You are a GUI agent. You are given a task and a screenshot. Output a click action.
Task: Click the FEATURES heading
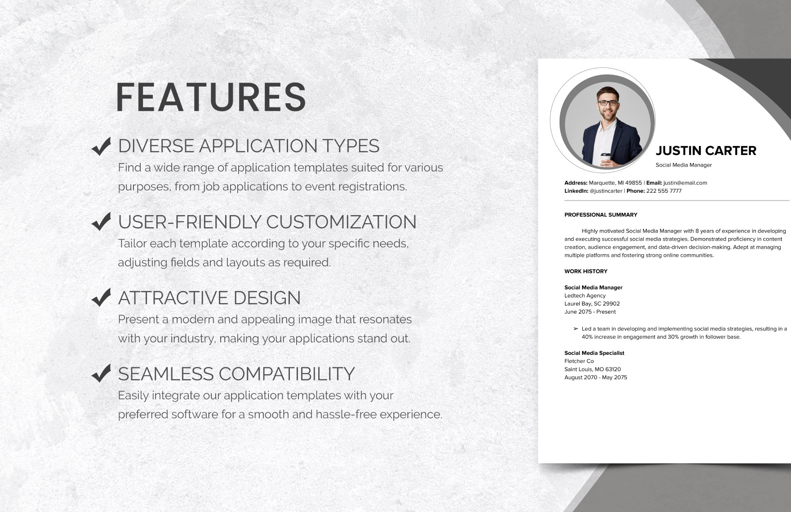coord(211,97)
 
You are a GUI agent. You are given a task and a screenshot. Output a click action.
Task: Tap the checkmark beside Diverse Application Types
coord(101,146)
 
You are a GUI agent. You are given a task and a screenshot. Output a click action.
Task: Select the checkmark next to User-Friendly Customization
coord(101,221)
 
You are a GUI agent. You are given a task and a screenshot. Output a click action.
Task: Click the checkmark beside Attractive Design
coord(101,297)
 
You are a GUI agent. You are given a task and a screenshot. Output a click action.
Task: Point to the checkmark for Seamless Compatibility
coord(101,373)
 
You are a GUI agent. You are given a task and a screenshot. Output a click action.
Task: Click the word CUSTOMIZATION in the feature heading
coord(341,222)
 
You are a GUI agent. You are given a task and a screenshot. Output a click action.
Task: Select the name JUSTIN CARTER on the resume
coord(706,151)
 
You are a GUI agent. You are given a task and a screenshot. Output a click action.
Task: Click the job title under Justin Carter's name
coord(684,165)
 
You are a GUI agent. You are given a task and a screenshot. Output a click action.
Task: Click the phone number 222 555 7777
coord(664,191)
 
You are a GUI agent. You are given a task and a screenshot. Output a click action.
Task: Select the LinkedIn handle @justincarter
coord(606,191)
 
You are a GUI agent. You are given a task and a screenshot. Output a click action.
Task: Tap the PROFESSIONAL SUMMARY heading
coord(600,215)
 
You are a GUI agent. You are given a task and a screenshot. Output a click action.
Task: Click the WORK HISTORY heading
coord(586,271)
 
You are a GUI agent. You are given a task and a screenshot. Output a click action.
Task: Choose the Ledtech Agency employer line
coord(585,296)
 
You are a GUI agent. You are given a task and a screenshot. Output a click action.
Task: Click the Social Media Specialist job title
coord(594,353)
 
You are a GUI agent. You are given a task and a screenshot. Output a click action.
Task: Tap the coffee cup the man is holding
coord(605,159)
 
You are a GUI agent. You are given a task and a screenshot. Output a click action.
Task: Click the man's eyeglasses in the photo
coord(608,103)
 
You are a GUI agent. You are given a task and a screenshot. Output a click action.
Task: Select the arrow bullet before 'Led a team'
coord(576,329)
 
